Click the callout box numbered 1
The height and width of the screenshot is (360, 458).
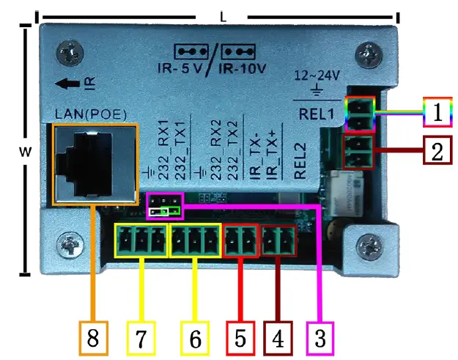pos(437,113)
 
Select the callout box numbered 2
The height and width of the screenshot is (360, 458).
pos(437,152)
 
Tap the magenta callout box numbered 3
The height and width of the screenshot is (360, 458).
pos(320,338)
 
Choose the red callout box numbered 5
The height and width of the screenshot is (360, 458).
pos(240,338)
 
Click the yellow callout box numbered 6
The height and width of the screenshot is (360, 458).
pos(194,338)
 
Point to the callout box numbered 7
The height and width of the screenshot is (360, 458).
pos(142,338)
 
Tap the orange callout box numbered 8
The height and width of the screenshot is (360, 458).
pos(94,338)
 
